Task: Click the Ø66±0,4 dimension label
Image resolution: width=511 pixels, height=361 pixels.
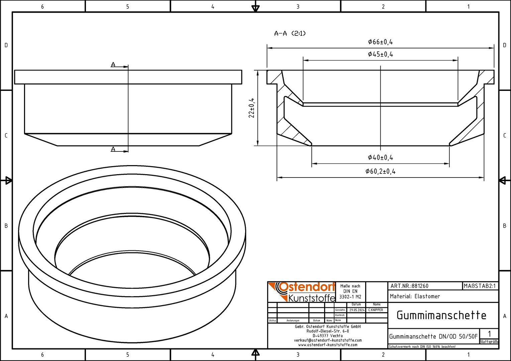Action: pyautogui.click(x=380, y=42)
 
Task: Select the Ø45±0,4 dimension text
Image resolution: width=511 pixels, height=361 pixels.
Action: pyautogui.click(x=380, y=54)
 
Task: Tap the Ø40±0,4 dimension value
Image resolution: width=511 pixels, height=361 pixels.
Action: pyautogui.click(x=380, y=157)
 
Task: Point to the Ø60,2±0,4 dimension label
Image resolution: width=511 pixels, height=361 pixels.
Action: pyautogui.click(x=380, y=171)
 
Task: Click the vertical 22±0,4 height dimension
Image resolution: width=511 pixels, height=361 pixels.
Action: pyautogui.click(x=251, y=108)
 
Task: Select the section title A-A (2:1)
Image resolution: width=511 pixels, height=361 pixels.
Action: pyautogui.click(x=290, y=33)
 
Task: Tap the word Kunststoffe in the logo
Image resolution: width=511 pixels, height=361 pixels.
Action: pyautogui.click(x=312, y=298)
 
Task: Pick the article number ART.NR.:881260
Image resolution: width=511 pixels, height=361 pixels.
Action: pyautogui.click(x=409, y=286)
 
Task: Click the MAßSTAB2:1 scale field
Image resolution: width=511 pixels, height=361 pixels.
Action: pyautogui.click(x=480, y=286)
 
